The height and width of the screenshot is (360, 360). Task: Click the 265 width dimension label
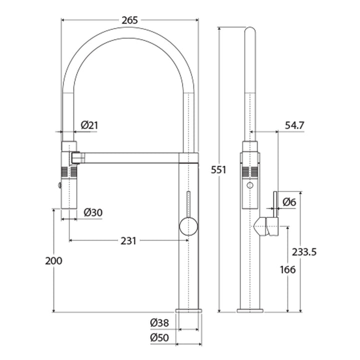tap(129, 20)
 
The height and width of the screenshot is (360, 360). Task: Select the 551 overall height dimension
tap(218, 169)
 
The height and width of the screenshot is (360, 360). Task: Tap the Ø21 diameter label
tap(89, 125)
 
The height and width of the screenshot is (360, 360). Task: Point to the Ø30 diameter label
tap(93, 212)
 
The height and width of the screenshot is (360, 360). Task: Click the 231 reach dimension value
tap(128, 240)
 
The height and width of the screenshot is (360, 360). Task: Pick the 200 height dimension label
tap(53, 261)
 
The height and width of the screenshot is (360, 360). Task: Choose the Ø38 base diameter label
tap(159, 323)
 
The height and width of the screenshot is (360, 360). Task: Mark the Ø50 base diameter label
tap(159, 338)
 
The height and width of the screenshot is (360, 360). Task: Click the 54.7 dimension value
tap(295, 125)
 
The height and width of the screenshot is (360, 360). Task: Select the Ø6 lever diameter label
tap(289, 202)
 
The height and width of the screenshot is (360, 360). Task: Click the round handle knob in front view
tap(188, 226)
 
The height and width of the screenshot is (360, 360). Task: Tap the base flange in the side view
tap(250, 310)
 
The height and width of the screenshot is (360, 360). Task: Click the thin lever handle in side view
tap(274, 202)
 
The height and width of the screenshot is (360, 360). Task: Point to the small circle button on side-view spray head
tap(250, 185)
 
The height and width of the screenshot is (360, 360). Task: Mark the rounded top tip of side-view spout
tap(250, 31)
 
